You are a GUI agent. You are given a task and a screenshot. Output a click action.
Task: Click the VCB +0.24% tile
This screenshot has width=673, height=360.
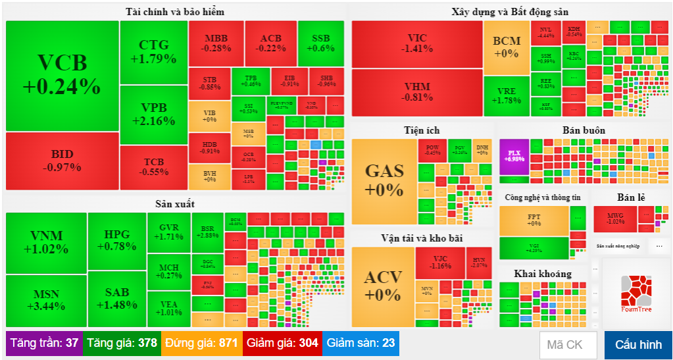tap(62, 75)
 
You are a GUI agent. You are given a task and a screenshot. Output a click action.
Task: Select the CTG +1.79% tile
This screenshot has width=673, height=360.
tap(153, 52)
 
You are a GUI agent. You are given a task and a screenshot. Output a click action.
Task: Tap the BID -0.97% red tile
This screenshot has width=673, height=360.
tap(62, 161)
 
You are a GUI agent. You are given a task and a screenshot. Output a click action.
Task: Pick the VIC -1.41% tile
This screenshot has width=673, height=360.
tap(417, 43)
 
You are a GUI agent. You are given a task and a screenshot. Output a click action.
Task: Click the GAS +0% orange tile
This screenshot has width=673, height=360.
tap(384, 180)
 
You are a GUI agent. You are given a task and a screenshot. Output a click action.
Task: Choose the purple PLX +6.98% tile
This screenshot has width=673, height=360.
tap(514, 156)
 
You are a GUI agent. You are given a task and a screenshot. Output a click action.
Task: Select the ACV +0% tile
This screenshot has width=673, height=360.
tap(383, 286)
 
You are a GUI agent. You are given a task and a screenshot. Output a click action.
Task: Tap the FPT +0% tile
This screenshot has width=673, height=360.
tap(534, 220)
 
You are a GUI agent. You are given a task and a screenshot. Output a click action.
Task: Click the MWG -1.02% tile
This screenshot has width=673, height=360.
tap(615, 219)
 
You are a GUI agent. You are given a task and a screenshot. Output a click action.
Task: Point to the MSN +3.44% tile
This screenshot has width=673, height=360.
tap(46, 301)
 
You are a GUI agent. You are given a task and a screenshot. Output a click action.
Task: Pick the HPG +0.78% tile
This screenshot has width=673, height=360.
tap(116, 241)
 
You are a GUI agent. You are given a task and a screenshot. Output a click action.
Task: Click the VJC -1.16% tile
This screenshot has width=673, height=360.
tap(441, 262)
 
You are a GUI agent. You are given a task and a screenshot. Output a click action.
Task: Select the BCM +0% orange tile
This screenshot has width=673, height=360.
tap(507, 47)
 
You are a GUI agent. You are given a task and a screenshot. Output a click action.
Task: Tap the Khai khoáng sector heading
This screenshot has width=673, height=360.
tap(543, 274)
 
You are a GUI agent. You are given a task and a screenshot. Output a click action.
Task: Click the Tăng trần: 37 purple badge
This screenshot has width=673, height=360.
tap(44, 343)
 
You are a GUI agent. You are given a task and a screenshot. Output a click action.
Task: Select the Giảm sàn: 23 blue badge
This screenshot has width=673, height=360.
tap(361, 343)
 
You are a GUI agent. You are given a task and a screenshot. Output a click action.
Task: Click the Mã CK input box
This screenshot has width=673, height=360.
tap(568, 345)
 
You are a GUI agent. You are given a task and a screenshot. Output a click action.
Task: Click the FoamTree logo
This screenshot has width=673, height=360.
tap(636, 294)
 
